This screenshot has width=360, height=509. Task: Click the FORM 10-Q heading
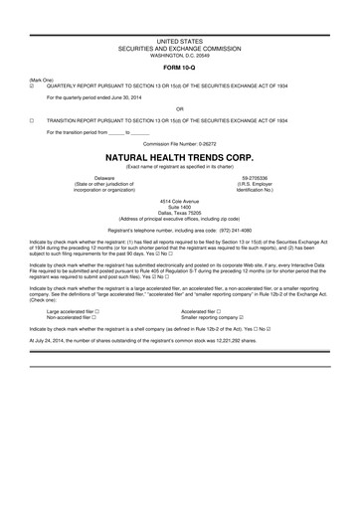(x=179, y=68)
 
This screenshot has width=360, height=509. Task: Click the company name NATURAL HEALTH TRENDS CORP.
(x=179, y=158)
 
